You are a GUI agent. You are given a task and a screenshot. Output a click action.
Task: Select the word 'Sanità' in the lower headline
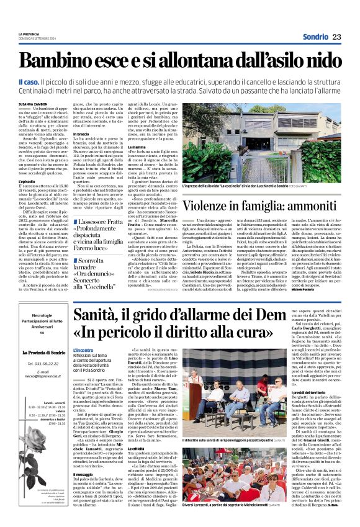(x=102, y=320)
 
